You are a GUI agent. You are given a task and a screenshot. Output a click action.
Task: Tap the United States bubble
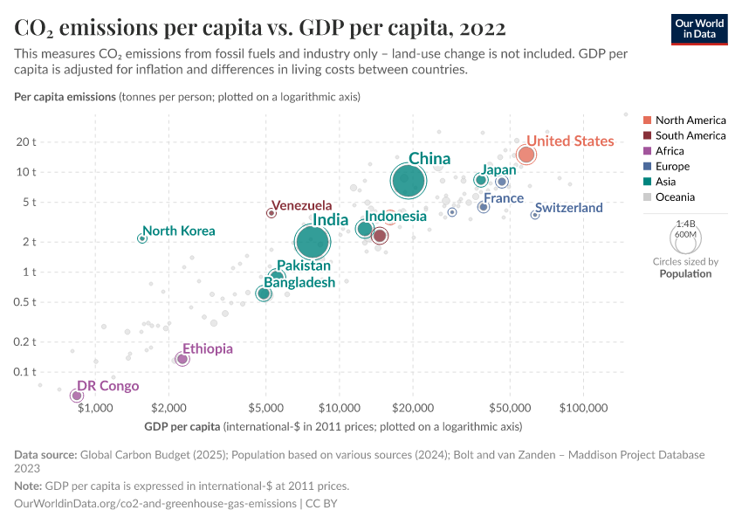coord(526,155)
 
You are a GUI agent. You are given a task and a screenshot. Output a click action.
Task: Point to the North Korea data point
coord(142,238)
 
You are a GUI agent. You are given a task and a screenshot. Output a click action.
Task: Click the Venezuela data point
coord(271,212)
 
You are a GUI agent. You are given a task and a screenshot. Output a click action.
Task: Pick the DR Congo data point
coord(77,396)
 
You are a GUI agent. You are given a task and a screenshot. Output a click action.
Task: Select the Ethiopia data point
coord(182,359)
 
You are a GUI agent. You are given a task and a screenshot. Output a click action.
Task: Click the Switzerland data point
coord(535,215)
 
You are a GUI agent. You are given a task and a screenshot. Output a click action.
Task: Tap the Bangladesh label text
coord(299,282)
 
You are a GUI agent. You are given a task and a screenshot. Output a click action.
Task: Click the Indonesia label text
coord(395,216)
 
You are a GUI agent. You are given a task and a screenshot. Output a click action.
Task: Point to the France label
coord(504,198)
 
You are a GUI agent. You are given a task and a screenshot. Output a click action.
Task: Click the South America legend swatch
coord(647,135)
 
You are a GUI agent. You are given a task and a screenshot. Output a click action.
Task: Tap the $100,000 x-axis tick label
coord(582,408)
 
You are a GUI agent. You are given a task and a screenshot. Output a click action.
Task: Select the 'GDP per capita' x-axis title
coord(182,427)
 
